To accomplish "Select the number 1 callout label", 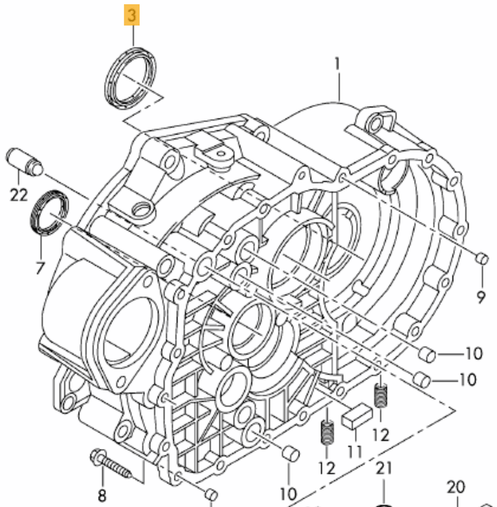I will [338, 65].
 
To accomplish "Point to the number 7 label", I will [39, 267].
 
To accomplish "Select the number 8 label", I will [102, 495].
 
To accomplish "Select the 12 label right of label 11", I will [380, 435].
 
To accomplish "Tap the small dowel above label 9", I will [483, 259].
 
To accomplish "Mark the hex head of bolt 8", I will [97, 458].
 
